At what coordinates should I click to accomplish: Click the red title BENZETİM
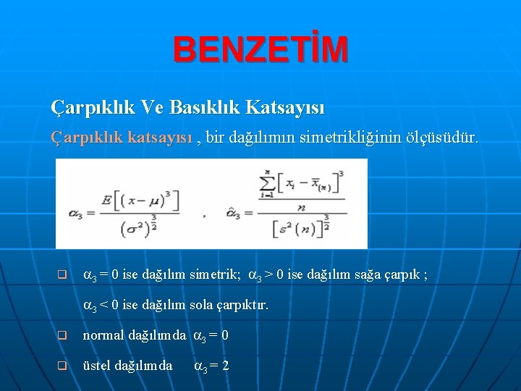[x=260, y=49]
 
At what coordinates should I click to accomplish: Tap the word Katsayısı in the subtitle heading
[x=285, y=108]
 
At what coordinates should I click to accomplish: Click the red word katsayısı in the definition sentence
[x=163, y=136]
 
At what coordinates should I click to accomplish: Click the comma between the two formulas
[x=205, y=214]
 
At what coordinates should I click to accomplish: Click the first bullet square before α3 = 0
[x=62, y=275]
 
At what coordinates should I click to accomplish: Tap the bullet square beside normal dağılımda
[x=62, y=336]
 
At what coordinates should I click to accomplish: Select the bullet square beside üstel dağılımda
[x=62, y=366]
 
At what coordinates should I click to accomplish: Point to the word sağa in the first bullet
[x=368, y=275]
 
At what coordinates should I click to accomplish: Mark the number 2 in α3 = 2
[x=226, y=366]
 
